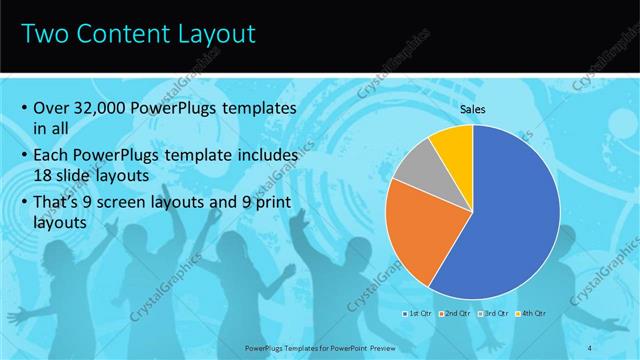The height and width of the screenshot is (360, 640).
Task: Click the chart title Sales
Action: [x=473, y=109]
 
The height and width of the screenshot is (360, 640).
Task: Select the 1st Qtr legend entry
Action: [x=418, y=313]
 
